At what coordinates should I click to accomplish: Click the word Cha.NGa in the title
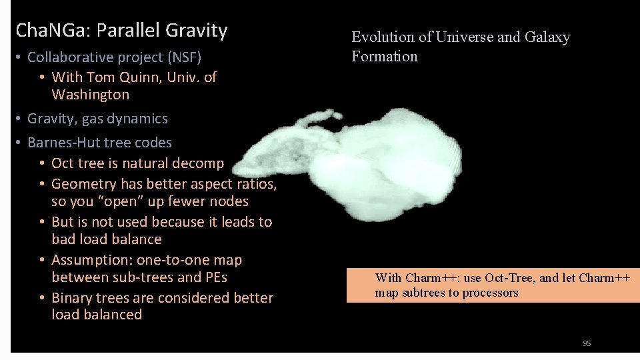pyautogui.click(x=53, y=31)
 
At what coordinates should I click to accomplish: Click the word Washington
pyautogui.click(x=90, y=95)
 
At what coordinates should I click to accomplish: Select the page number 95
pyautogui.click(x=587, y=343)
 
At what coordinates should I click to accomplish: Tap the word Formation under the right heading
pyautogui.click(x=385, y=57)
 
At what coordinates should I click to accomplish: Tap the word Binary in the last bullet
pyautogui.click(x=71, y=298)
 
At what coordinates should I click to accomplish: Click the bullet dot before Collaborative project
pyautogui.click(x=19, y=58)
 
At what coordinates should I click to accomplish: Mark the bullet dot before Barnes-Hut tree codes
pyautogui.click(x=19, y=143)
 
